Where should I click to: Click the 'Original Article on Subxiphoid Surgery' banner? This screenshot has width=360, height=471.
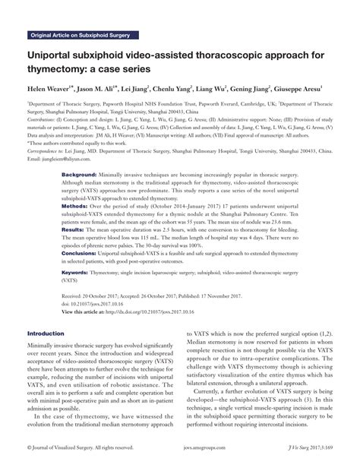[83, 35]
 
